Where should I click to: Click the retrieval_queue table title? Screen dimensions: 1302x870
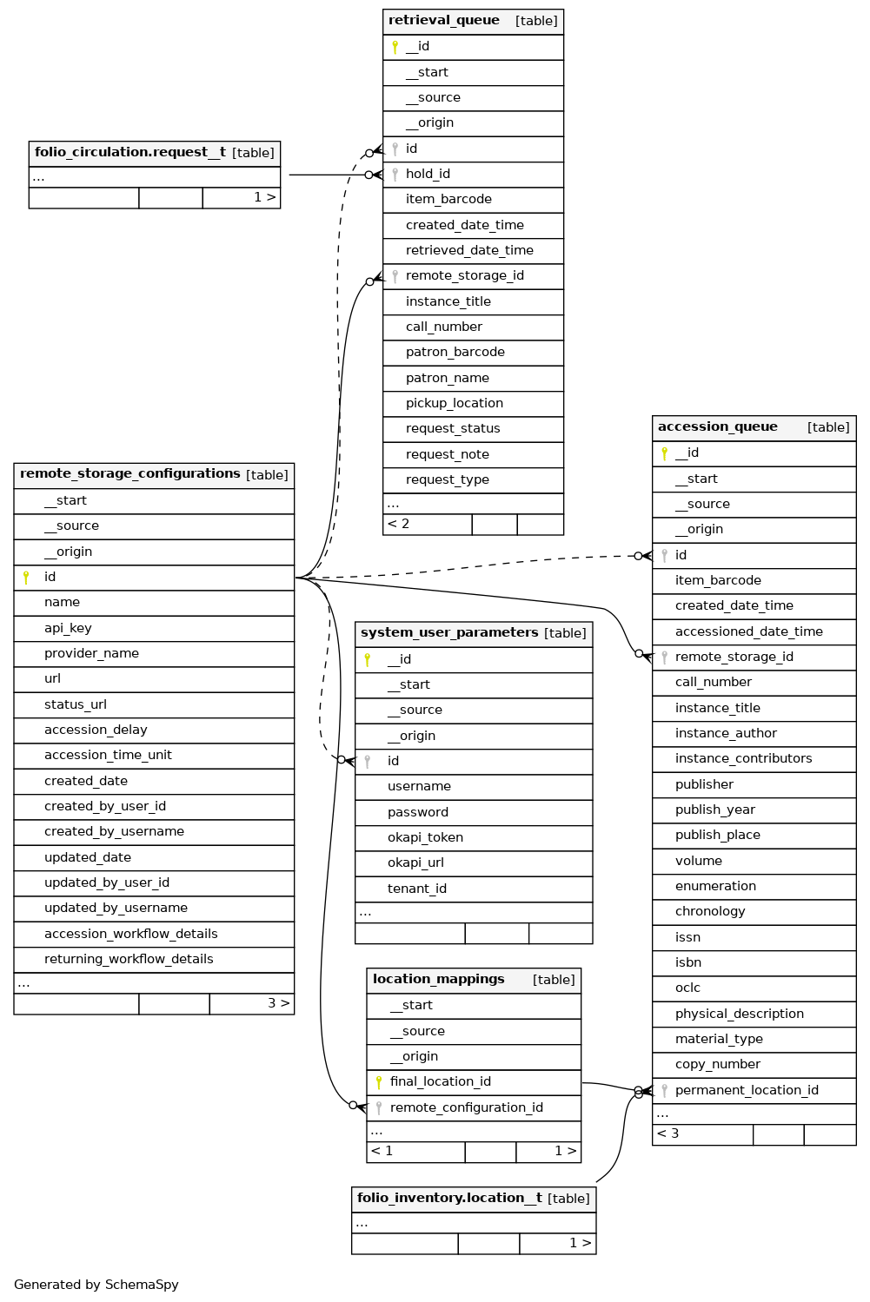coord(444,21)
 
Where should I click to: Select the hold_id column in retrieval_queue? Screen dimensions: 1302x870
coord(428,175)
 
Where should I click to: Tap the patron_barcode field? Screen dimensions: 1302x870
coord(455,353)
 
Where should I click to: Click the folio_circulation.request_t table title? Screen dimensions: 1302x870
coord(130,153)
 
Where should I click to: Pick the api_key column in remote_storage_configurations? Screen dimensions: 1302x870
coord(68,628)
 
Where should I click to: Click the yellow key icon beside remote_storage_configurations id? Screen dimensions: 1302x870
coord(26,578)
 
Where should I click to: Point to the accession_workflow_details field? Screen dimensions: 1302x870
coord(130,934)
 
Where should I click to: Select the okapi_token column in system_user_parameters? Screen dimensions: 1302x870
coord(425,837)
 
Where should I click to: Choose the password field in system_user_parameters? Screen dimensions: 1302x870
coord(418,812)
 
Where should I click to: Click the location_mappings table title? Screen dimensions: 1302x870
coord(439,980)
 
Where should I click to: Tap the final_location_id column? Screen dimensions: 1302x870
coord(440,1082)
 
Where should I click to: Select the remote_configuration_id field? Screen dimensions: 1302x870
coord(466,1107)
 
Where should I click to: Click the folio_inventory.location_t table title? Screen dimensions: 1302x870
coord(449,1199)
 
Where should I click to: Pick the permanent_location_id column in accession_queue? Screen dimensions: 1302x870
coord(747,1091)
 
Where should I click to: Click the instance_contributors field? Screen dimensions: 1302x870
coord(743,759)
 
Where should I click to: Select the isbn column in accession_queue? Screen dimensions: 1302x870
coord(687,962)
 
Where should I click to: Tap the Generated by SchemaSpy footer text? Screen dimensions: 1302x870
coord(96,1285)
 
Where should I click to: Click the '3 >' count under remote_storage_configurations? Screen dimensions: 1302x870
coord(278,1003)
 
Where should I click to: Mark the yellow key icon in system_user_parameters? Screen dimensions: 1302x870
coord(368,660)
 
